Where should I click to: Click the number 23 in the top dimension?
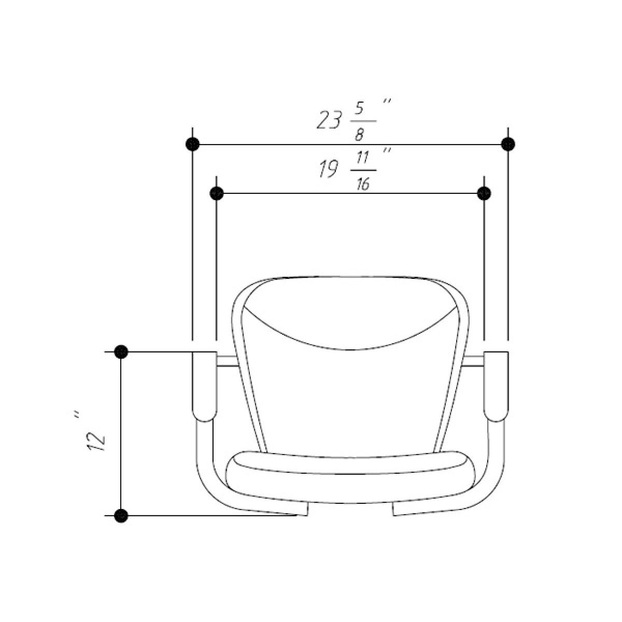(x=329, y=120)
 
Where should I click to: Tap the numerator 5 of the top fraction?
(x=360, y=108)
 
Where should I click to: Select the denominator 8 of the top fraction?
(x=359, y=133)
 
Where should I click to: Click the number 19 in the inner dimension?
(x=328, y=168)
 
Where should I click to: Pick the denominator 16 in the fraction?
(x=363, y=183)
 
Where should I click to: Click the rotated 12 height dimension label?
(x=96, y=441)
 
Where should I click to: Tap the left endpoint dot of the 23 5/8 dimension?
(x=193, y=144)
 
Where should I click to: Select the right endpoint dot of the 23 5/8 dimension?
(x=508, y=144)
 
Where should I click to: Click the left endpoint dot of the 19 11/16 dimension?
(x=217, y=194)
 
